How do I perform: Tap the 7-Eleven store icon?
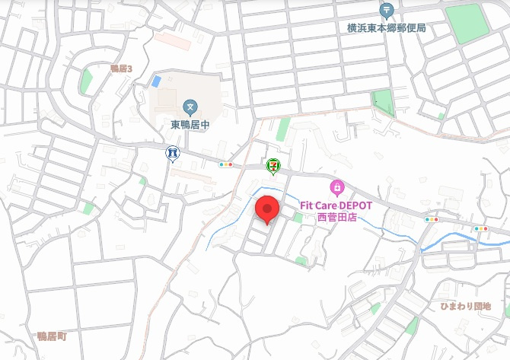pos(273,164)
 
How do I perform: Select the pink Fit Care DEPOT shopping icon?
pos(336,186)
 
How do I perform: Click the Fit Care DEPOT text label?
pos(335,205)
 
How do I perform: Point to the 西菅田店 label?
pos(336,217)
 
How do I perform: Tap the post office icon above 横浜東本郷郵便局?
pos(386,11)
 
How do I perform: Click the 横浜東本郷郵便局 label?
pos(386,28)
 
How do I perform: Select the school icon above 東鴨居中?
pos(190,106)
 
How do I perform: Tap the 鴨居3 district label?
pos(121,68)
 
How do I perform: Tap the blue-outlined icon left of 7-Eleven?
pos(174,153)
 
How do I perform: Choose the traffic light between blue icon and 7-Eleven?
pos(226,164)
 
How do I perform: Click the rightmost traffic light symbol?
pos(481,228)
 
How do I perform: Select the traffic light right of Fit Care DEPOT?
pos(432,219)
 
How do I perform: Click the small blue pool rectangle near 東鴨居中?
pos(156,81)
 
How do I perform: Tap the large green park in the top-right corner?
pos(467,23)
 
